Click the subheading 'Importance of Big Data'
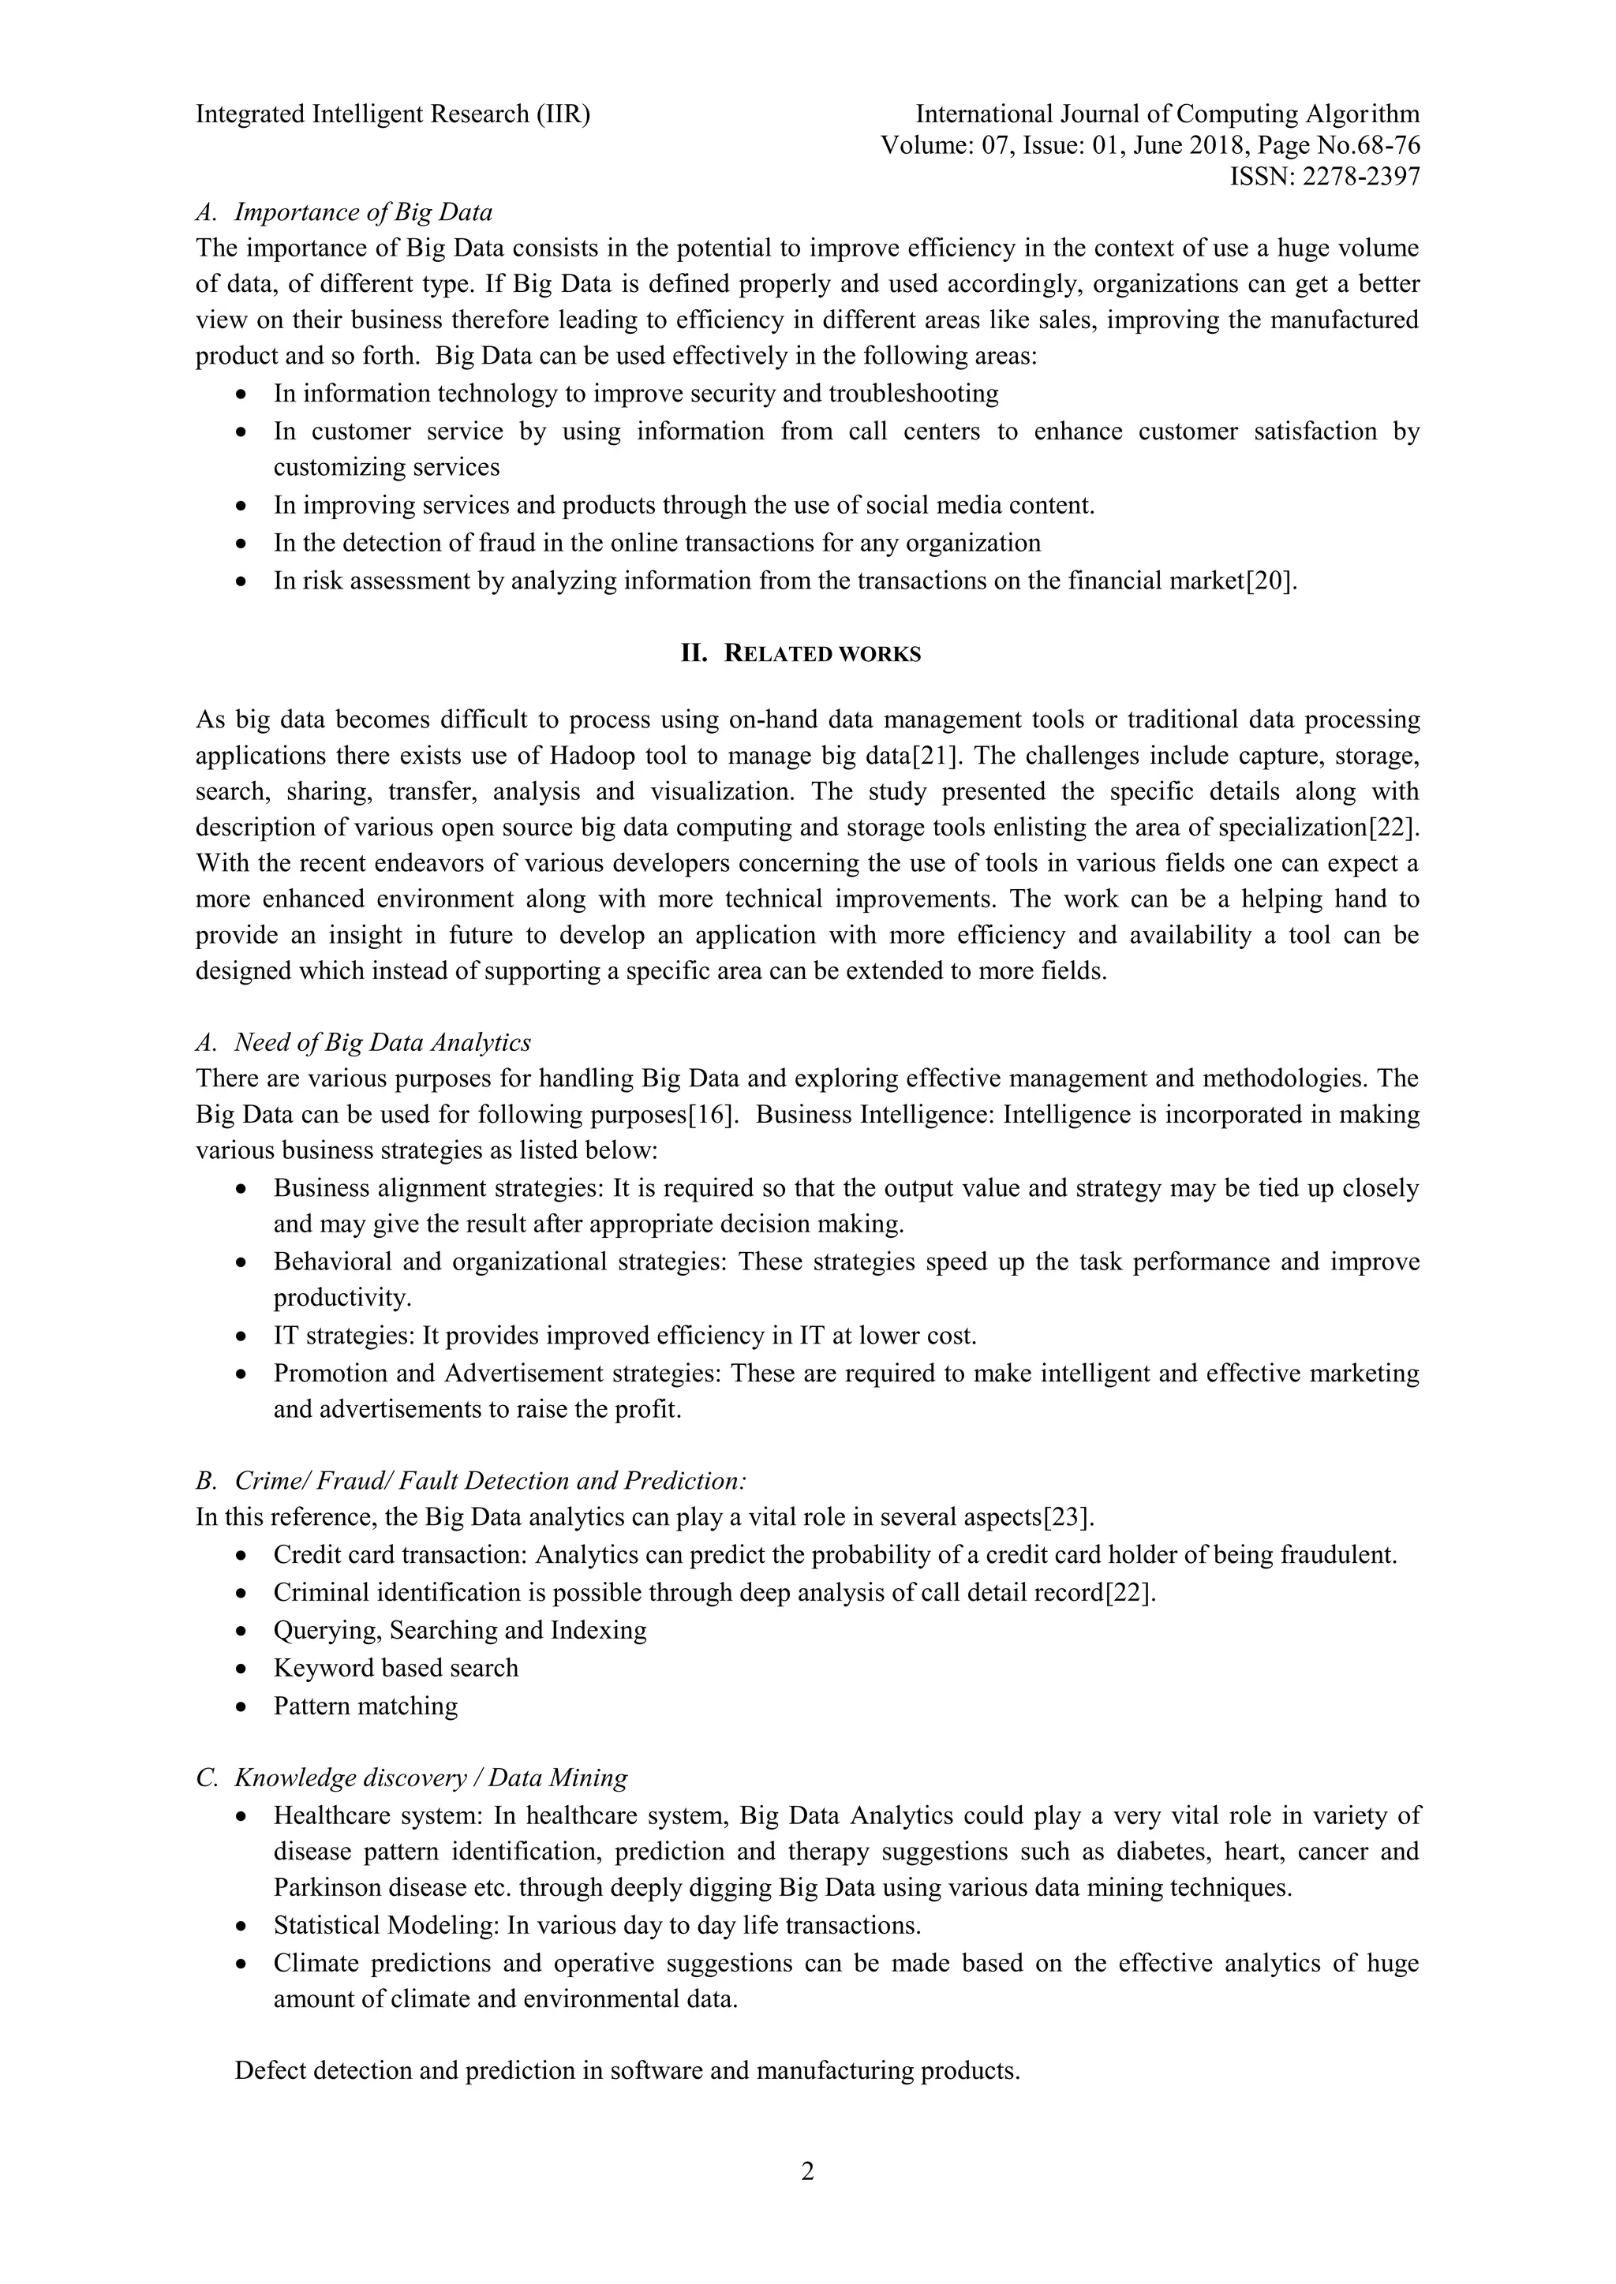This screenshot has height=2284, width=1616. tap(363, 212)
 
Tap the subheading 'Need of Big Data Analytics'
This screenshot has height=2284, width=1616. tap(382, 1042)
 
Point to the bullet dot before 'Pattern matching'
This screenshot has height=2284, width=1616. tap(241, 1707)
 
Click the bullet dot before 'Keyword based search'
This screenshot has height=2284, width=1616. tap(241, 1669)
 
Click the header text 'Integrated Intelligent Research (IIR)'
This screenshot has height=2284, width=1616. tap(393, 114)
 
